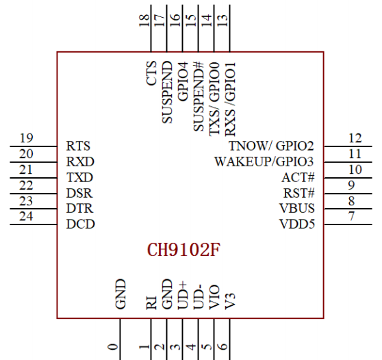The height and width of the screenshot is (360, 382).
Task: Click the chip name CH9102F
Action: (183, 250)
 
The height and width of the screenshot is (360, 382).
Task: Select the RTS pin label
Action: (78, 146)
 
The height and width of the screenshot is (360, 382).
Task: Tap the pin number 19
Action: (26, 138)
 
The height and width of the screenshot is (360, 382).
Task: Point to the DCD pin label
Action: (80, 224)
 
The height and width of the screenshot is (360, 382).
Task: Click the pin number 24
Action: (26, 216)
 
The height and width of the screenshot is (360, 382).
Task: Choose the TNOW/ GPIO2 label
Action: (271, 146)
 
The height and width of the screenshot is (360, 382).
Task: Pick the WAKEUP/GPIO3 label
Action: (264, 162)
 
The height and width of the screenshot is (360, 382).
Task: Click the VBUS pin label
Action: (297, 209)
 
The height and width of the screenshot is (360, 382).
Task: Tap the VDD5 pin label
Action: (297, 224)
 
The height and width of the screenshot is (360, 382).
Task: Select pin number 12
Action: (355, 138)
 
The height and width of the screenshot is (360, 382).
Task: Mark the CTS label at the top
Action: (151, 73)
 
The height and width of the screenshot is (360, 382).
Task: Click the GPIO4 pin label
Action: (183, 81)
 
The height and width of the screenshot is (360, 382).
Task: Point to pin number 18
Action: (144, 21)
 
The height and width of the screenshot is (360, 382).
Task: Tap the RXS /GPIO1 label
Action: (230, 99)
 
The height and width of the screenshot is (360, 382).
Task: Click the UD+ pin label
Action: (183, 296)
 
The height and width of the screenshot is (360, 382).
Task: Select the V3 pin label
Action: (230, 301)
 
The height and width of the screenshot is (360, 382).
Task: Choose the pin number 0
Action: (113, 346)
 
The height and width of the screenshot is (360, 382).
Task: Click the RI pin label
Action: (151, 303)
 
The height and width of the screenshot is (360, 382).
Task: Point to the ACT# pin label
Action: (298, 177)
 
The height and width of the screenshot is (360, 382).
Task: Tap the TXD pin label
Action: (79, 177)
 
